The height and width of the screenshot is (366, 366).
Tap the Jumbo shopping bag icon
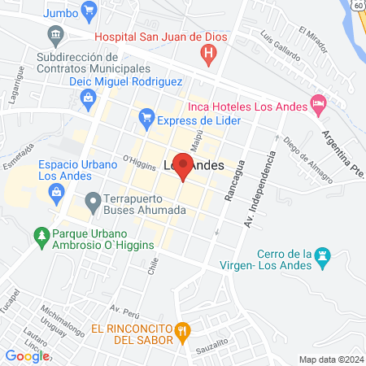coord(89,12)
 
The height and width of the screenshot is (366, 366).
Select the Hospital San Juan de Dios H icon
coord(209,54)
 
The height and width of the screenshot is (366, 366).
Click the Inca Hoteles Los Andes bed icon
coord(319,104)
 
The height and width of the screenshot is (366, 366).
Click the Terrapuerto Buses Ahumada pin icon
coord(92,200)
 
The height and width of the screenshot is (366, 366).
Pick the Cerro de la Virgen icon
coord(324,255)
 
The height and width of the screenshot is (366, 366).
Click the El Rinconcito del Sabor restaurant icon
coord(183,330)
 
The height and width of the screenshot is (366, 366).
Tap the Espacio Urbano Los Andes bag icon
coord(56,193)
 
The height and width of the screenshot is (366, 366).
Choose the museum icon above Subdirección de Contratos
coord(55,35)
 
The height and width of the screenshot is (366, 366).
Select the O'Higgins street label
coord(138,160)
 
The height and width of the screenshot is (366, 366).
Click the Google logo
coord(27,355)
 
